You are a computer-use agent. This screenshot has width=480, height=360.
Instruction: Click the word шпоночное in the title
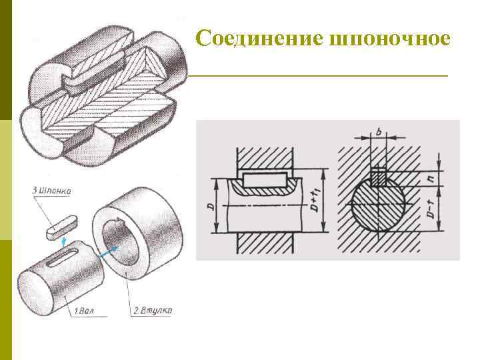click(x=390, y=38)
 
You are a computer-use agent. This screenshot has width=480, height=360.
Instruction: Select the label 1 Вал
click(x=83, y=311)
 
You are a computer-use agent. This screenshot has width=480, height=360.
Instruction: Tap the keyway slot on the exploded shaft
click(x=65, y=256)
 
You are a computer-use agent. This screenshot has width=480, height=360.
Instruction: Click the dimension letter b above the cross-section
click(x=378, y=134)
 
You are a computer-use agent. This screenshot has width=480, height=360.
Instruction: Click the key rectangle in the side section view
click(x=265, y=179)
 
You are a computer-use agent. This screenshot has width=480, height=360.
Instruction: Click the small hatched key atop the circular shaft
click(x=378, y=177)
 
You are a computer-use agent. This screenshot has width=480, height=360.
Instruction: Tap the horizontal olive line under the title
click(x=320, y=77)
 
